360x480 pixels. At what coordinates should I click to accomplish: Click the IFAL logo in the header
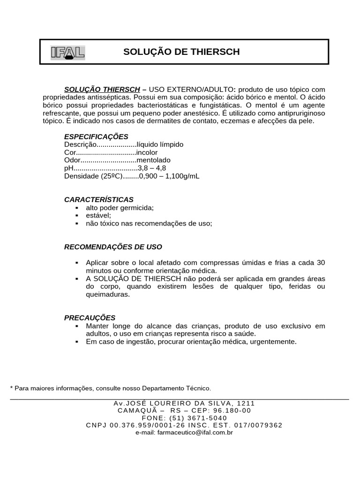click(67, 52)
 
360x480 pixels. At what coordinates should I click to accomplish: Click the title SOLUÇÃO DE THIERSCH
click(181, 52)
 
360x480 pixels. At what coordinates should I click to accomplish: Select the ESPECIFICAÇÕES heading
click(96, 137)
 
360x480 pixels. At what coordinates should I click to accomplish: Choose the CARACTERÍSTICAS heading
click(99, 200)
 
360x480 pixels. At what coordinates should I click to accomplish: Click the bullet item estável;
click(98, 216)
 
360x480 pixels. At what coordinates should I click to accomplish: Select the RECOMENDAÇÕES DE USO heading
click(113, 247)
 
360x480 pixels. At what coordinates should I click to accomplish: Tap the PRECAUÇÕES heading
click(90, 318)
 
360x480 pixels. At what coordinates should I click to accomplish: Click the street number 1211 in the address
click(246, 403)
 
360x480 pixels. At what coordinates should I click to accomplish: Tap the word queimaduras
click(107, 295)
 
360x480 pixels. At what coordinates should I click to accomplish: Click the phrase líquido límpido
click(160, 144)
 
